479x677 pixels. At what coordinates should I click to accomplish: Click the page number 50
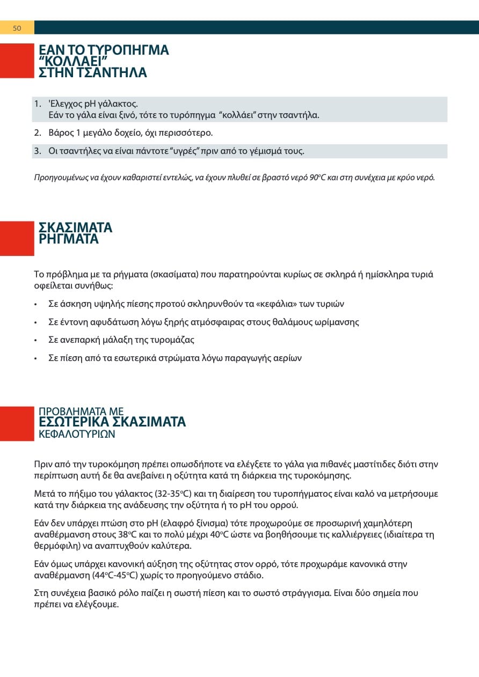pyautogui.click(x=17, y=28)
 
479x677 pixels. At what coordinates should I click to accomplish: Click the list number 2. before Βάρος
pyautogui.click(x=38, y=133)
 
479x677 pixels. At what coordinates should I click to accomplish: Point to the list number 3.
pyautogui.click(x=38, y=151)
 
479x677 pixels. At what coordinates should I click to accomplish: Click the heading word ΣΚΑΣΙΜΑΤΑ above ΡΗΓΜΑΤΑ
pyautogui.click(x=76, y=228)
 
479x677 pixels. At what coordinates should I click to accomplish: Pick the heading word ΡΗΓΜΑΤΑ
pyautogui.click(x=69, y=239)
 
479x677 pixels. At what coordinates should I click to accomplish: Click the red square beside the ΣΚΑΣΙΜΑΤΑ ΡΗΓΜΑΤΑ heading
pyautogui.click(x=17, y=238)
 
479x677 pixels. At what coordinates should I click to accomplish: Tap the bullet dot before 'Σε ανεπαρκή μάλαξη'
pyautogui.click(x=35, y=340)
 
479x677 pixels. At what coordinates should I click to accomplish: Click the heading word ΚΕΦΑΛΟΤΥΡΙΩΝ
pyautogui.click(x=77, y=434)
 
